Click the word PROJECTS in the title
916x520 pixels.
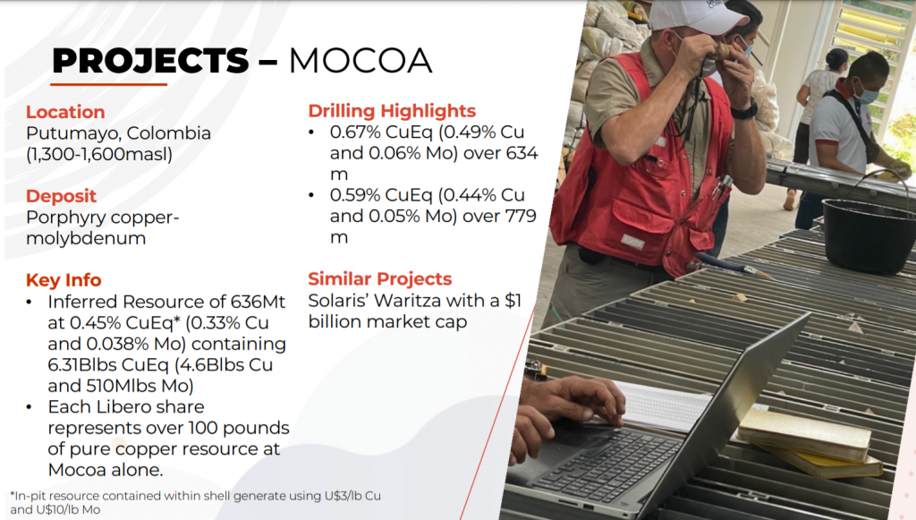150,61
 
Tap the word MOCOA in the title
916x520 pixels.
360,61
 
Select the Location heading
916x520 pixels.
65,112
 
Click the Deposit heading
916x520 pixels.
61,196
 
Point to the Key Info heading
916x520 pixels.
64,280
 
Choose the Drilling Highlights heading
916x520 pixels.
392,111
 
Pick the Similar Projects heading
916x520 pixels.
379,278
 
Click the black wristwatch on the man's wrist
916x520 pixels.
744,109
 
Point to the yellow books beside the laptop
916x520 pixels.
810,442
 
